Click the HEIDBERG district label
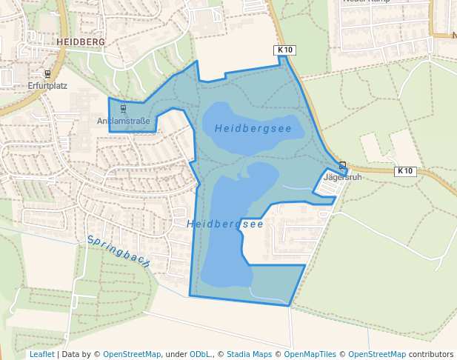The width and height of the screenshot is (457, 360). coord(81,43)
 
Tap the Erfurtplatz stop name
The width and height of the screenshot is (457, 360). coord(47,86)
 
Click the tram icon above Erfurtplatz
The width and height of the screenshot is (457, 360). coord(47,74)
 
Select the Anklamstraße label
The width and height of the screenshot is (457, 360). coord(124,121)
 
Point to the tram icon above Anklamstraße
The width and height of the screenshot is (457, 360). coord(123,110)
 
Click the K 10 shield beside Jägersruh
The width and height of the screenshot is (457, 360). coord(404,171)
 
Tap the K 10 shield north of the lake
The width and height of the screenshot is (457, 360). coord(285,50)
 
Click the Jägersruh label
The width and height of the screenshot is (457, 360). coord(343,178)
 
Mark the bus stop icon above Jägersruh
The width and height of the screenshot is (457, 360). coord(342,165)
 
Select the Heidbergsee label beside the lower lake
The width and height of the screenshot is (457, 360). coord(225,224)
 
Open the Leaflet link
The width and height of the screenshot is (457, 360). coord(41,355)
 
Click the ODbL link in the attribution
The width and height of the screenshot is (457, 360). coord(200,355)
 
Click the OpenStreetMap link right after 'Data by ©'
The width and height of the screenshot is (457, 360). coord(132,355)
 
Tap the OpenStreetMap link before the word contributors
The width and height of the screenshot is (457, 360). coord(376,355)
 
